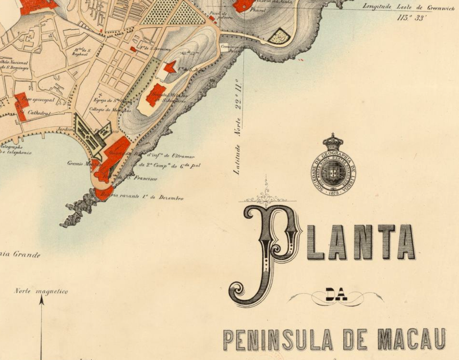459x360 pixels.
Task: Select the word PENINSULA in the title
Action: click(x=279, y=339)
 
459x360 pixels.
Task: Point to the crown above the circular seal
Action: click(x=332, y=141)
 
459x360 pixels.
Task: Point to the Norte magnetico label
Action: click(x=41, y=291)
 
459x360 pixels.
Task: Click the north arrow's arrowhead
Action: click(x=41, y=299)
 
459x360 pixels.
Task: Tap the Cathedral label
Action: click(x=40, y=113)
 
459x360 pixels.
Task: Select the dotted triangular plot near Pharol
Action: click(x=278, y=36)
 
